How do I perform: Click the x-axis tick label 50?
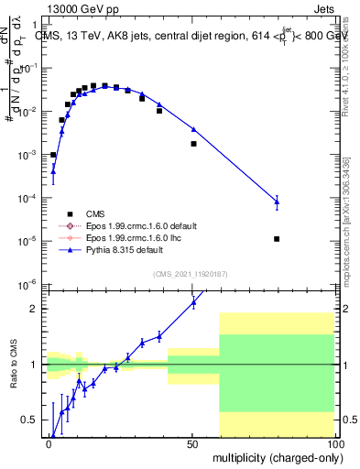point(192,443)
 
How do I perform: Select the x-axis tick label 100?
point(333,443)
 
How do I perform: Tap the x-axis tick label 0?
point(49,443)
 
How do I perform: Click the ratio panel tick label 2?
point(35,309)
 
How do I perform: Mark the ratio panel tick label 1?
point(35,365)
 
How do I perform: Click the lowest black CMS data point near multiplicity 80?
point(277,239)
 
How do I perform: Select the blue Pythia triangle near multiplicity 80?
point(277,202)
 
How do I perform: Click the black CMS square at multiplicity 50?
point(193,144)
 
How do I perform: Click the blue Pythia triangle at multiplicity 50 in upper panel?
point(193,129)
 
